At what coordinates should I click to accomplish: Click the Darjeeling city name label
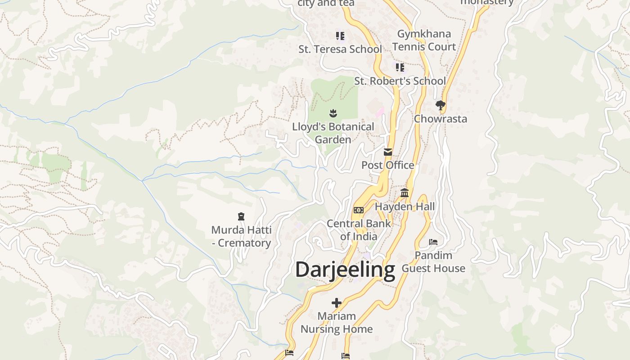tap(345, 270)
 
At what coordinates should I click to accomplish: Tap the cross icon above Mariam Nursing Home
tap(336, 303)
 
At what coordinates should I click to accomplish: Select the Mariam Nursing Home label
tap(337, 323)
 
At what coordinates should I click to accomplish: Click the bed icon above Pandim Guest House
tap(433, 242)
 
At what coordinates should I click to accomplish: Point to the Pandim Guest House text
tap(433, 262)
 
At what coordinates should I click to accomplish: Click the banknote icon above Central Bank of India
tap(359, 210)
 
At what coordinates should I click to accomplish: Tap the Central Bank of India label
tap(359, 229)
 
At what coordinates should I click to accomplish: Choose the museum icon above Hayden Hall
tap(405, 193)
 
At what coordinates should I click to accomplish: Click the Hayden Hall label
tap(405, 207)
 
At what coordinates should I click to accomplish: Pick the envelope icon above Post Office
tap(388, 152)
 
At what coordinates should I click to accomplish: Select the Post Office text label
tap(388, 165)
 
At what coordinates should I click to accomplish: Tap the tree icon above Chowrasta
tap(441, 105)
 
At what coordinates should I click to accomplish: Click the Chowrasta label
tap(441, 119)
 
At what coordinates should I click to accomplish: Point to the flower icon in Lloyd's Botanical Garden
tap(333, 112)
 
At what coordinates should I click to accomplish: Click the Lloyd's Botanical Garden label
tap(333, 133)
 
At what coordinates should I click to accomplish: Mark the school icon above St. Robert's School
tap(400, 67)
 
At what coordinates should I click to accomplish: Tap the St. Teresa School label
tap(340, 49)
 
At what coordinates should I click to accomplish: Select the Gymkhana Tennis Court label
tap(424, 40)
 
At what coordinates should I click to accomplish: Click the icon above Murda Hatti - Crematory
tap(241, 216)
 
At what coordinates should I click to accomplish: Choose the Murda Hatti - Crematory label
tap(241, 236)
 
